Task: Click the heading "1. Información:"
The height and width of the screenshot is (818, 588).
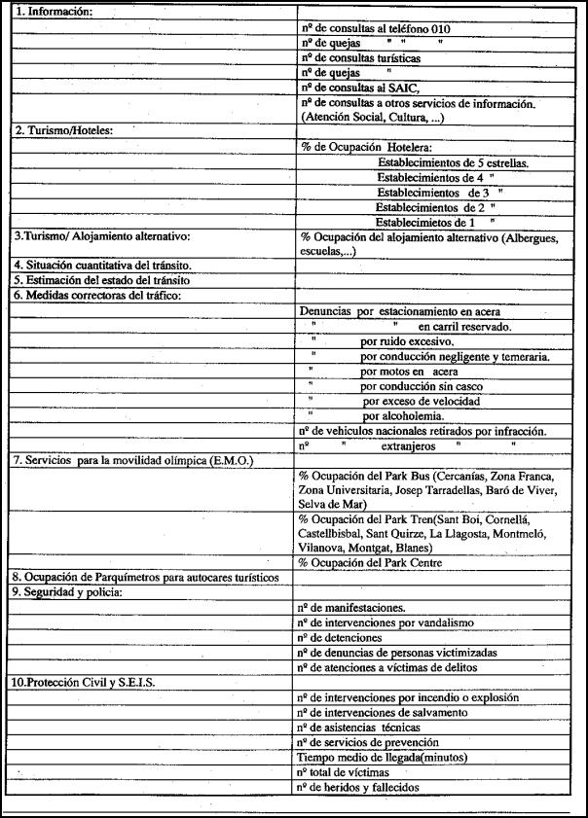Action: tap(54, 14)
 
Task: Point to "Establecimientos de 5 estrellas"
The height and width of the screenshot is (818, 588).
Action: tap(453, 163)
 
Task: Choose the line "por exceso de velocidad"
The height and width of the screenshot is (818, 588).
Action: tap(421, 401)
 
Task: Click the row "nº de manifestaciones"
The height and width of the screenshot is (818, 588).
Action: tap(358, 607)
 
